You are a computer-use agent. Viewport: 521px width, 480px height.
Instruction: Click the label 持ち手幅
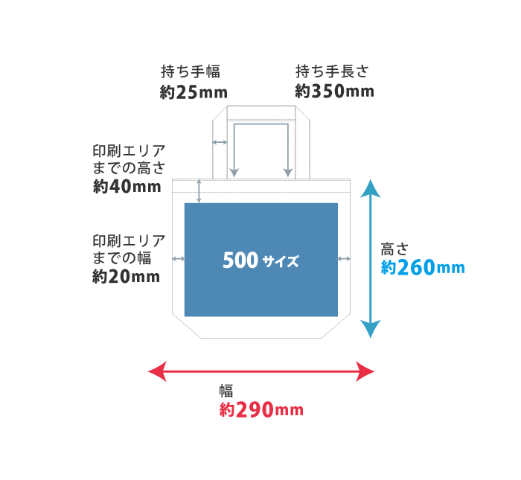point(191,72)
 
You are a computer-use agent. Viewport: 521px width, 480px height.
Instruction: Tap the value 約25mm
point(193,92)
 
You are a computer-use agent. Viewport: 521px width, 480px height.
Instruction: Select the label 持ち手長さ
point(332,72)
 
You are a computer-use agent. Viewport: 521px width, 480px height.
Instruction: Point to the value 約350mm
point(334,92)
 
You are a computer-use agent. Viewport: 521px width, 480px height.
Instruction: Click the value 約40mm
point(127,187)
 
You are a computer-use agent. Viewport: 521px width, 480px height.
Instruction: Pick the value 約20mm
point(127,277)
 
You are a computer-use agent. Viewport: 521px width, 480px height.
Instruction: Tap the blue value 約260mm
point(422,267)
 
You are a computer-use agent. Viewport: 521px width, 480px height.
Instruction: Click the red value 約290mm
point(261,409)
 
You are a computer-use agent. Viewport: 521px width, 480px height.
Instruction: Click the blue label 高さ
point(393,249)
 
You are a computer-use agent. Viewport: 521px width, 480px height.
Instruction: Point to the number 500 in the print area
point(240,260)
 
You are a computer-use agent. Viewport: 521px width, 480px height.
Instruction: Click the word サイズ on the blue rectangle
point(281,262)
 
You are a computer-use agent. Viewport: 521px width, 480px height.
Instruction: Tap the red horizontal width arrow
point(261,371)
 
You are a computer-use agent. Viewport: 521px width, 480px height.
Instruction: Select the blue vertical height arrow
point(371,258)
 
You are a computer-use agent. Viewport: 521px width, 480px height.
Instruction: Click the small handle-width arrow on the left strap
point(220,141)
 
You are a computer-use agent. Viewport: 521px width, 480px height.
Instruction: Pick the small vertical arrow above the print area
point(199,191)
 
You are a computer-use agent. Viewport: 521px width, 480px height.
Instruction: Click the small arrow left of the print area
point(178,258)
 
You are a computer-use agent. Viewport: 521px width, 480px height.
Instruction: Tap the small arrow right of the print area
point(344,258)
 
